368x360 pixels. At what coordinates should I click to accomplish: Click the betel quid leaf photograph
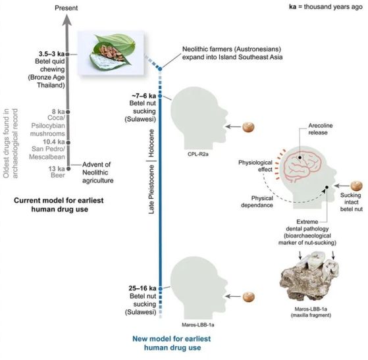click(111, 53)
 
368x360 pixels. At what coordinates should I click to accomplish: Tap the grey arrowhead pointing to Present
click(67, 20)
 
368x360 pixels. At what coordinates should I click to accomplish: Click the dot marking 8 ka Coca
click(68, 112)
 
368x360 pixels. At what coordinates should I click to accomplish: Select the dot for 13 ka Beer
click(68, 168)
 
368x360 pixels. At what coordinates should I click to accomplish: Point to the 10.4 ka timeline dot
click(68, 142)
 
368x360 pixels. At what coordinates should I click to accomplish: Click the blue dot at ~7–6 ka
click(160, 96)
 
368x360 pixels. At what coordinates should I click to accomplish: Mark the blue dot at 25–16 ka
click(160, 289)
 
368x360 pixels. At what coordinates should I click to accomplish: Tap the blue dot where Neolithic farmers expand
click(160, 68)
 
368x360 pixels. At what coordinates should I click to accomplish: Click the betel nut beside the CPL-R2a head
click(248, 127)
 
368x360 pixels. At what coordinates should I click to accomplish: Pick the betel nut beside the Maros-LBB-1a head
click(248, 297)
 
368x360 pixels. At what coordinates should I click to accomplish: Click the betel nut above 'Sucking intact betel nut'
click(357, 186)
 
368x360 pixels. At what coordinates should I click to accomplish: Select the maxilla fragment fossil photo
click(309, 277)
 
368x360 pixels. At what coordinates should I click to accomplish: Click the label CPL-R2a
click(198, 154)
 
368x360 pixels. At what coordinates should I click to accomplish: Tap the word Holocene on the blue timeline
click(151, 143)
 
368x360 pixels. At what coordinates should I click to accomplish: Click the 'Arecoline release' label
click(321, 129)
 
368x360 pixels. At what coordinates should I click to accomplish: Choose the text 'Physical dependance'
click(257, 201)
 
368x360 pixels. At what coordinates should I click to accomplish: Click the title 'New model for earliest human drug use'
click(172, 343)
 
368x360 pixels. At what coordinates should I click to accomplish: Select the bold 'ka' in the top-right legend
click(293, 7)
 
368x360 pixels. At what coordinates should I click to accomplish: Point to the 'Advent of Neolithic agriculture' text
click(98, 172)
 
